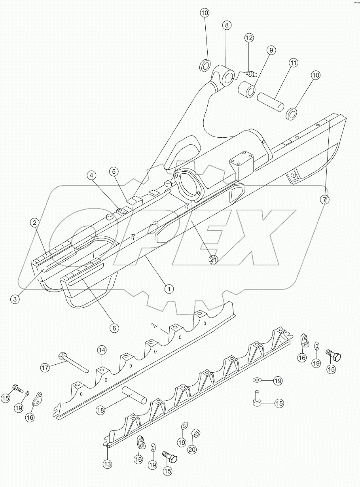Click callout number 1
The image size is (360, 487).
[169, 289]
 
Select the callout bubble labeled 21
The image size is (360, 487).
[214, 260]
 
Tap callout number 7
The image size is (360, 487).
[324, 200]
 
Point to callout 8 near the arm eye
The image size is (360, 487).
[226, 25]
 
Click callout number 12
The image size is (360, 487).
[248, 38]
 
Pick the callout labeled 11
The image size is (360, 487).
[293, 63]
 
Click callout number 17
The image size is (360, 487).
[45, 368]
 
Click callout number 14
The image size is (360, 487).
[102, 350]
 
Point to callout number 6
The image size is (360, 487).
[114, 328]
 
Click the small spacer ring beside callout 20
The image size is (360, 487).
[195, 434]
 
